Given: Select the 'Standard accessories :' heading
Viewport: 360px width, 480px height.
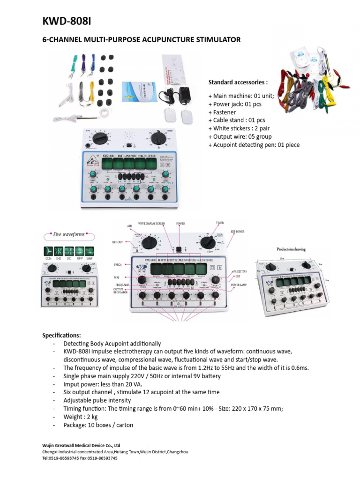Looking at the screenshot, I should [x=238, y=82].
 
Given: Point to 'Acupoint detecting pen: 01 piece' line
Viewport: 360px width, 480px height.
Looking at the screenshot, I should [x=254, y=145].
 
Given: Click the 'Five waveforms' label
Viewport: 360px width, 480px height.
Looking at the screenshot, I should [x=62, y=234].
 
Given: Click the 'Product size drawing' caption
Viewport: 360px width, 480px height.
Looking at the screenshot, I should [x=291, y=250].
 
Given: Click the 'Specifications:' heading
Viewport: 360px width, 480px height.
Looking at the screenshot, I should [x=61, y=336].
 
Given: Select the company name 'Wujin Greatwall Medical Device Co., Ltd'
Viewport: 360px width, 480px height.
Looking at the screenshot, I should [x=82, y=445].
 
